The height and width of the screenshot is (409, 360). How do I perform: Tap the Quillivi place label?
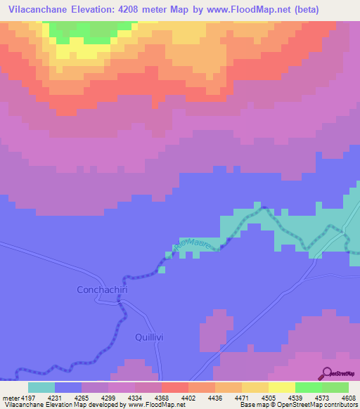149,337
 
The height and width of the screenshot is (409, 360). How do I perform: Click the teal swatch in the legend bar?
41,387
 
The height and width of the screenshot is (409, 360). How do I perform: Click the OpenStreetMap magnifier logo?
326,372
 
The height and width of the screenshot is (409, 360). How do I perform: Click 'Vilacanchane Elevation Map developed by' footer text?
64,405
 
